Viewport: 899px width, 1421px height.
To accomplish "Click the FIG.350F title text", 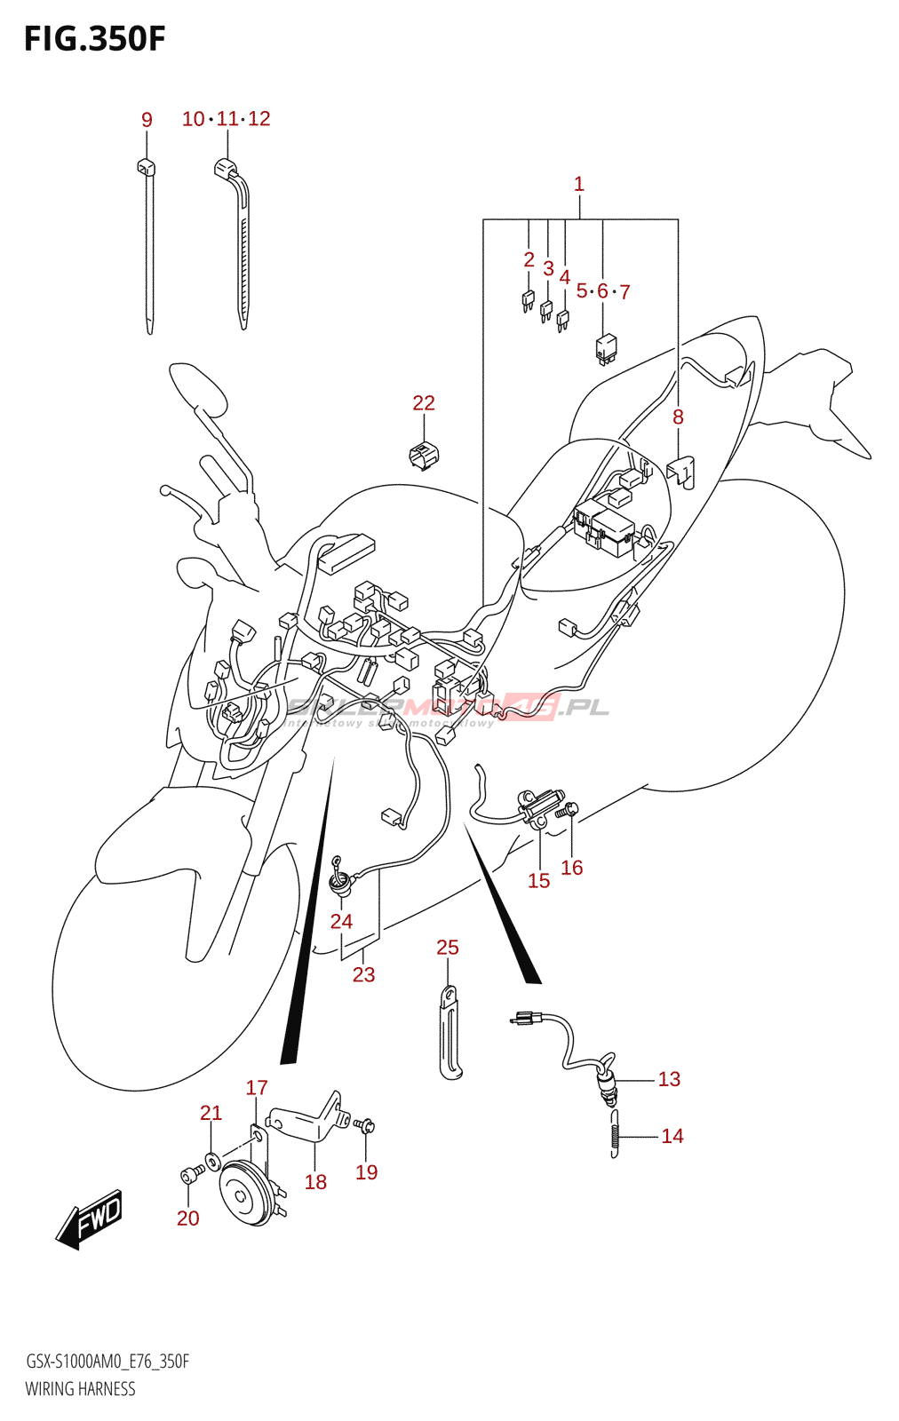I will [94, 39].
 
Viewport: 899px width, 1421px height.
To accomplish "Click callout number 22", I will [424, 403].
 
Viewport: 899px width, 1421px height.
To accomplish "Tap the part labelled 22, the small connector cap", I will [424, 454].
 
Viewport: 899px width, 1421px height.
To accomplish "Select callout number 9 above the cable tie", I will [147, 120].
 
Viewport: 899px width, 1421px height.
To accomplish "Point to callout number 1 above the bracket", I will [579, 184].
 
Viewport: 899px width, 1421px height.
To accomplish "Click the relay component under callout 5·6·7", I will [606, 348].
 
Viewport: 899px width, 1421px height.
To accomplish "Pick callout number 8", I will [678, 417].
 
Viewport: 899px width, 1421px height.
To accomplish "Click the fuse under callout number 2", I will [528, 302].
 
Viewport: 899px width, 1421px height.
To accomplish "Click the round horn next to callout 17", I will [244, 1193].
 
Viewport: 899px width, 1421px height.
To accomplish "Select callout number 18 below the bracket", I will [315, 1182].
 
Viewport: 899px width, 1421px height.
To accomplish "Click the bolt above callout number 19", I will [365, 1126].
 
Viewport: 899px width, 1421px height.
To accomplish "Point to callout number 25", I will [448, 948].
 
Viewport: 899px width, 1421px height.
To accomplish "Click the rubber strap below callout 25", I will [450, 1035].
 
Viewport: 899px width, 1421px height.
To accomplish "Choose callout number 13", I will [669, 1079].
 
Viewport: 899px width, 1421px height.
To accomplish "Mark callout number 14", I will [672, 1136].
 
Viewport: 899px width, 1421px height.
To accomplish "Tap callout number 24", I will [341, 922].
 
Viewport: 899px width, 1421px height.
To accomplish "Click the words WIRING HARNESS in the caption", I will [80, 1389].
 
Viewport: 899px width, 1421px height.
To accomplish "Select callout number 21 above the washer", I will [211, 1113].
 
